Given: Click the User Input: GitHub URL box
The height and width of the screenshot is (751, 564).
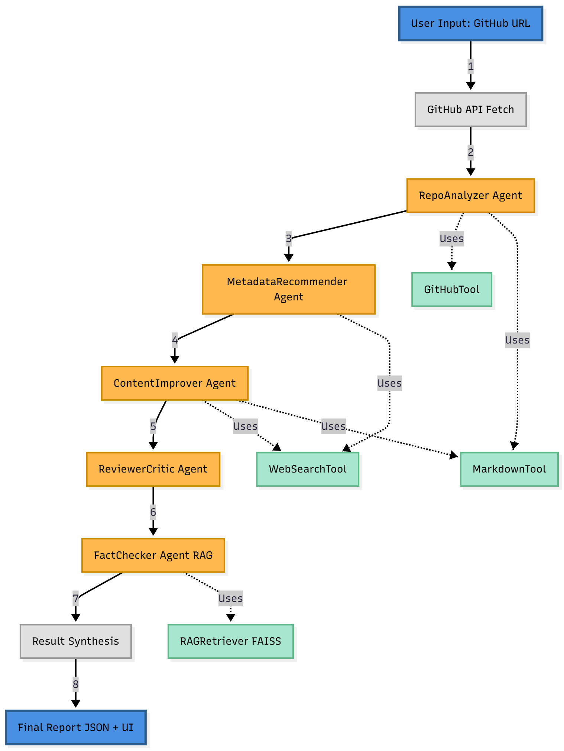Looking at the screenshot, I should pos(470,23).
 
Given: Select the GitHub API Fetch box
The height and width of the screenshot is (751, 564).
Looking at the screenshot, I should pos(470,110).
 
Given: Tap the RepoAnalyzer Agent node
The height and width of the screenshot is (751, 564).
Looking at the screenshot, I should pos(470,196).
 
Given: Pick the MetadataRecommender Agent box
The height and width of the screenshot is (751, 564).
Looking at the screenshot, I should pos(289,289).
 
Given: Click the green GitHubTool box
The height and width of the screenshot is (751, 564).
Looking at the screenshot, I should pos(451,289).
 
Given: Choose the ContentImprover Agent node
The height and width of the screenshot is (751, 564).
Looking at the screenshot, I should pos(175,383).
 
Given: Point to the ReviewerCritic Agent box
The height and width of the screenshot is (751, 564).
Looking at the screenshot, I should pos(153,469).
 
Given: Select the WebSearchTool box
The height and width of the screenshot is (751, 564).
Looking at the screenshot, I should pos(308,469).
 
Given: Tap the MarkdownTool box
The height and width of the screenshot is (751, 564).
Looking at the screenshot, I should pos(509,469).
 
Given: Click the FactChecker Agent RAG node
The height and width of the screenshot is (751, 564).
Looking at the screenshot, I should pos(153,555).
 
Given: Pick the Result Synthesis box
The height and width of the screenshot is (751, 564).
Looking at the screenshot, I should pos(75,641).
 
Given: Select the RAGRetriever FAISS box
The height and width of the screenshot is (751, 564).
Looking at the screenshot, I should pos(230,641).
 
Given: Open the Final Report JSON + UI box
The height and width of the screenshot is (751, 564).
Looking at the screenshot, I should pos(75,728).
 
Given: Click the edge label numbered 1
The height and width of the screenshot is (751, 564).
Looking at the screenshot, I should pos(470,67).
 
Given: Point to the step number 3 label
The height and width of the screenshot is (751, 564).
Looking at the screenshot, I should pos(288,238).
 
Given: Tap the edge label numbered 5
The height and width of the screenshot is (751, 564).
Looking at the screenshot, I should pos(153,426).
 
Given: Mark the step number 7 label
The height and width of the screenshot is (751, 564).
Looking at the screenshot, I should pos(75,599).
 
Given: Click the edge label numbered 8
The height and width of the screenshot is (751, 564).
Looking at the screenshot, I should pos(75,684).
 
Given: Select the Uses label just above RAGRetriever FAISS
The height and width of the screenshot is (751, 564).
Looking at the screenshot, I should pos(230,599).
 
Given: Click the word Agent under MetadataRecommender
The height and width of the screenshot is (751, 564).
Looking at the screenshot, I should pos(289,297).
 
